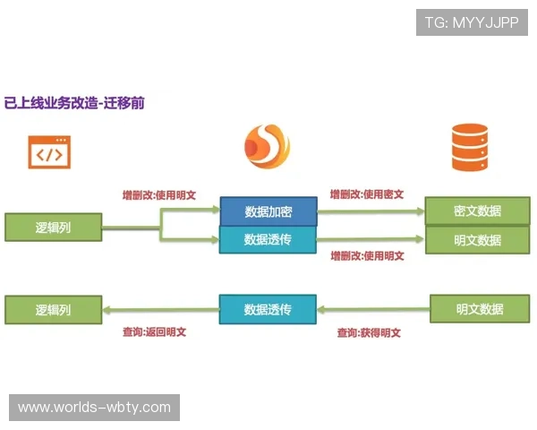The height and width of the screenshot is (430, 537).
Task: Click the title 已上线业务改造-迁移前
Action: pyautogui.click(x=75, y=103)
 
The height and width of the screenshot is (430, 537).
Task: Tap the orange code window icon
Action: pyautogui.click(x=49, y=151)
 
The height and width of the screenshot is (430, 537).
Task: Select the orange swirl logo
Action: pyautogui.click(x=267, y=148)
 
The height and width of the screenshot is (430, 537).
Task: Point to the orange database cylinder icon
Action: pyautogui.click(x=471, y=148)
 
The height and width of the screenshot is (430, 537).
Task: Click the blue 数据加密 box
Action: pyautogui.click(x=268, y=212)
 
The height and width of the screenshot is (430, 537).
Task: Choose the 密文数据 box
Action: pyautogui.click(x=477, y=211)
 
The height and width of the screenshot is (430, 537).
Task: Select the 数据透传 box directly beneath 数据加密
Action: pyautogui.click(x=268, y=240)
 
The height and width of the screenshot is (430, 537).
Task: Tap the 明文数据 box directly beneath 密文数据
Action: pyautogui.click(x=477, y=240)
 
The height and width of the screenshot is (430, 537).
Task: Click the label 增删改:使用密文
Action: pyautogui.click(x=367, y=193)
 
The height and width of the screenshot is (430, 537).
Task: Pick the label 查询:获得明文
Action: pyautogui.click(x=369, y=332)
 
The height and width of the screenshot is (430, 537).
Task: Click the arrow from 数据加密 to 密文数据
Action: pyautogui.click(x=371, y=212)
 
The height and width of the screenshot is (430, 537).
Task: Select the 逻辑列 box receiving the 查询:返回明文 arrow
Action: pyautogui.click(x=53, y=310)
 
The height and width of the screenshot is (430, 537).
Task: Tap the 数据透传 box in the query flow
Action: pyautogui.click(x=268, y=310)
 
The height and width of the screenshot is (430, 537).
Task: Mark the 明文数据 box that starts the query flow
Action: pyautogui.click(x=480, y=309)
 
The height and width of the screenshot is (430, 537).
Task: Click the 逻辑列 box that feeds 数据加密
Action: pyautogui.click(x=53, y=228)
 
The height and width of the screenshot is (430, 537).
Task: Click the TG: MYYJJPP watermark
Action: pyautogui.click(x=472, y=22)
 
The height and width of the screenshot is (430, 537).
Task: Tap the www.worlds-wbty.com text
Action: pyautogui.click(x=95, y=408)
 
